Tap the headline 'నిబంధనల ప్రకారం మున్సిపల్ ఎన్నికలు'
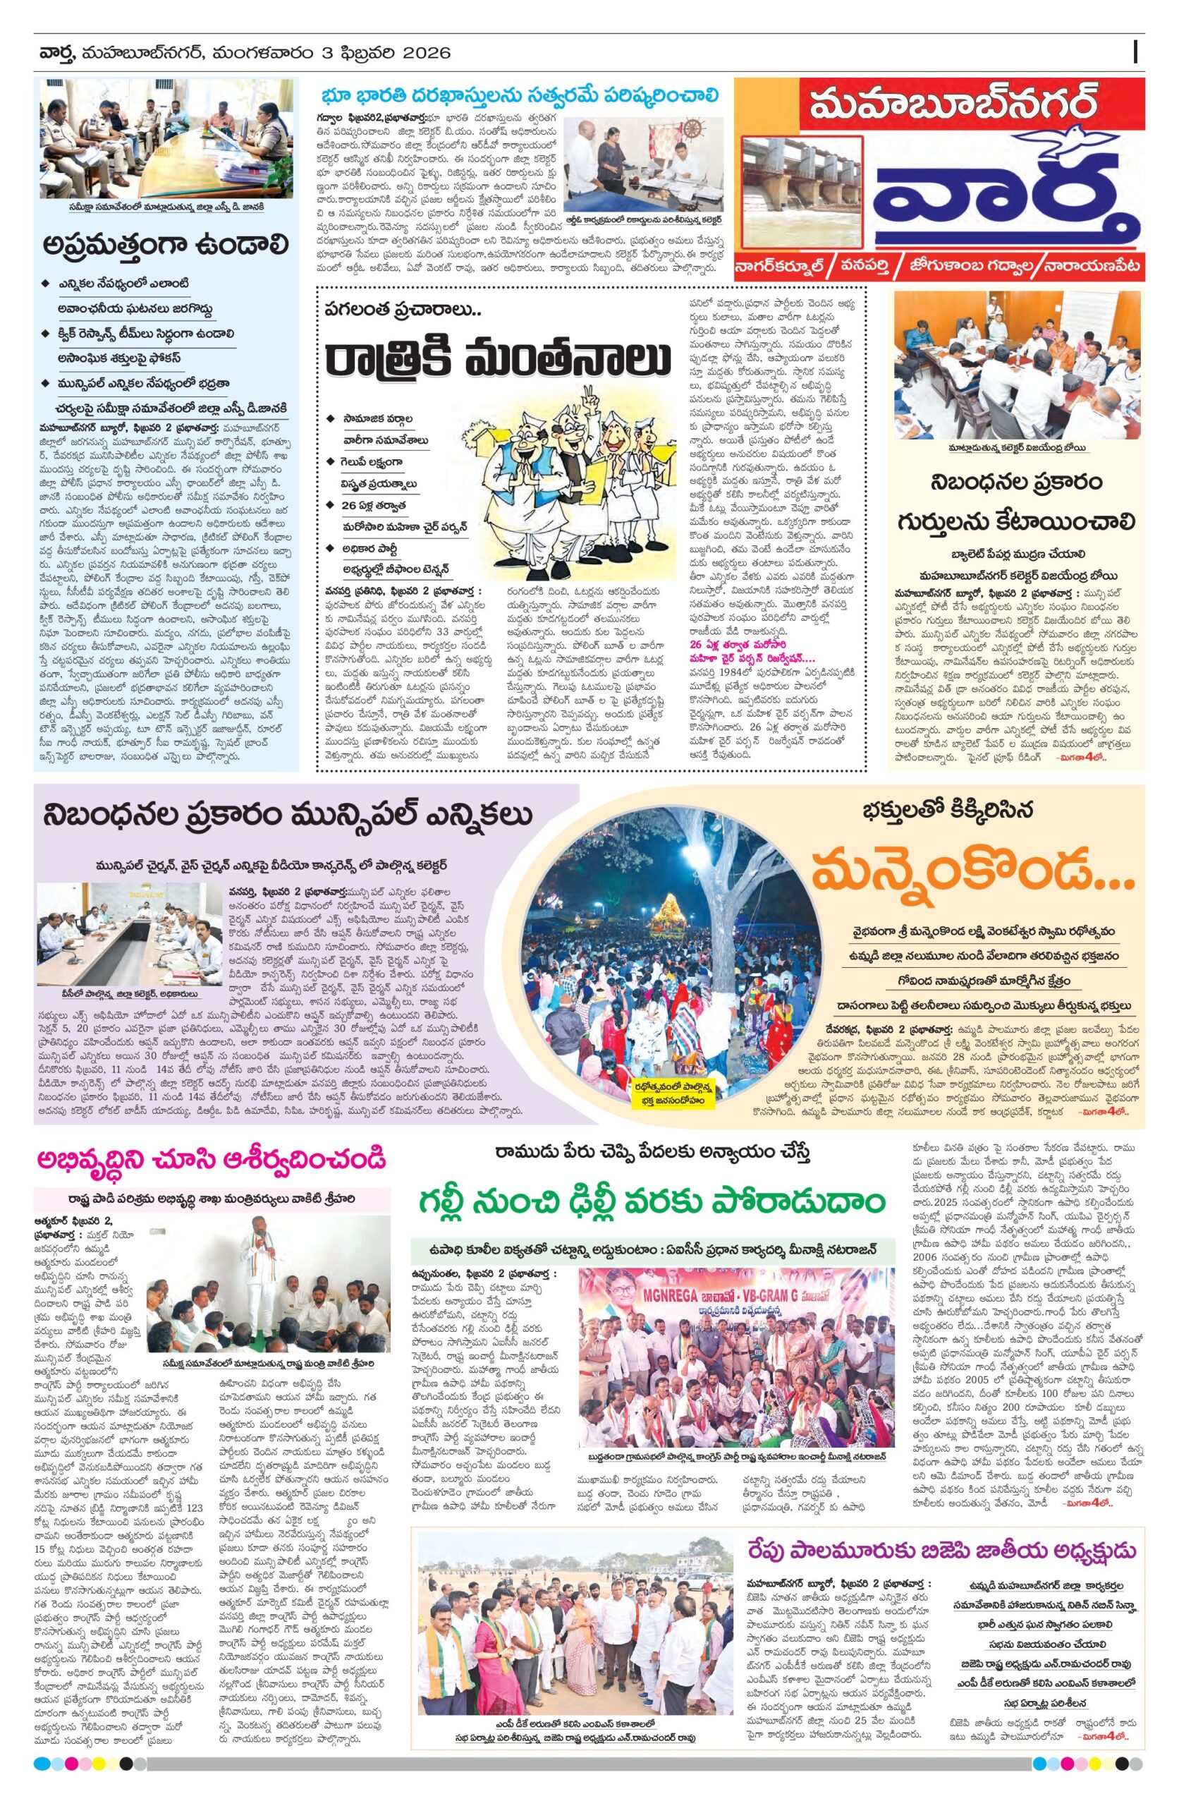pyautogui.click(x=288, y=816)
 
